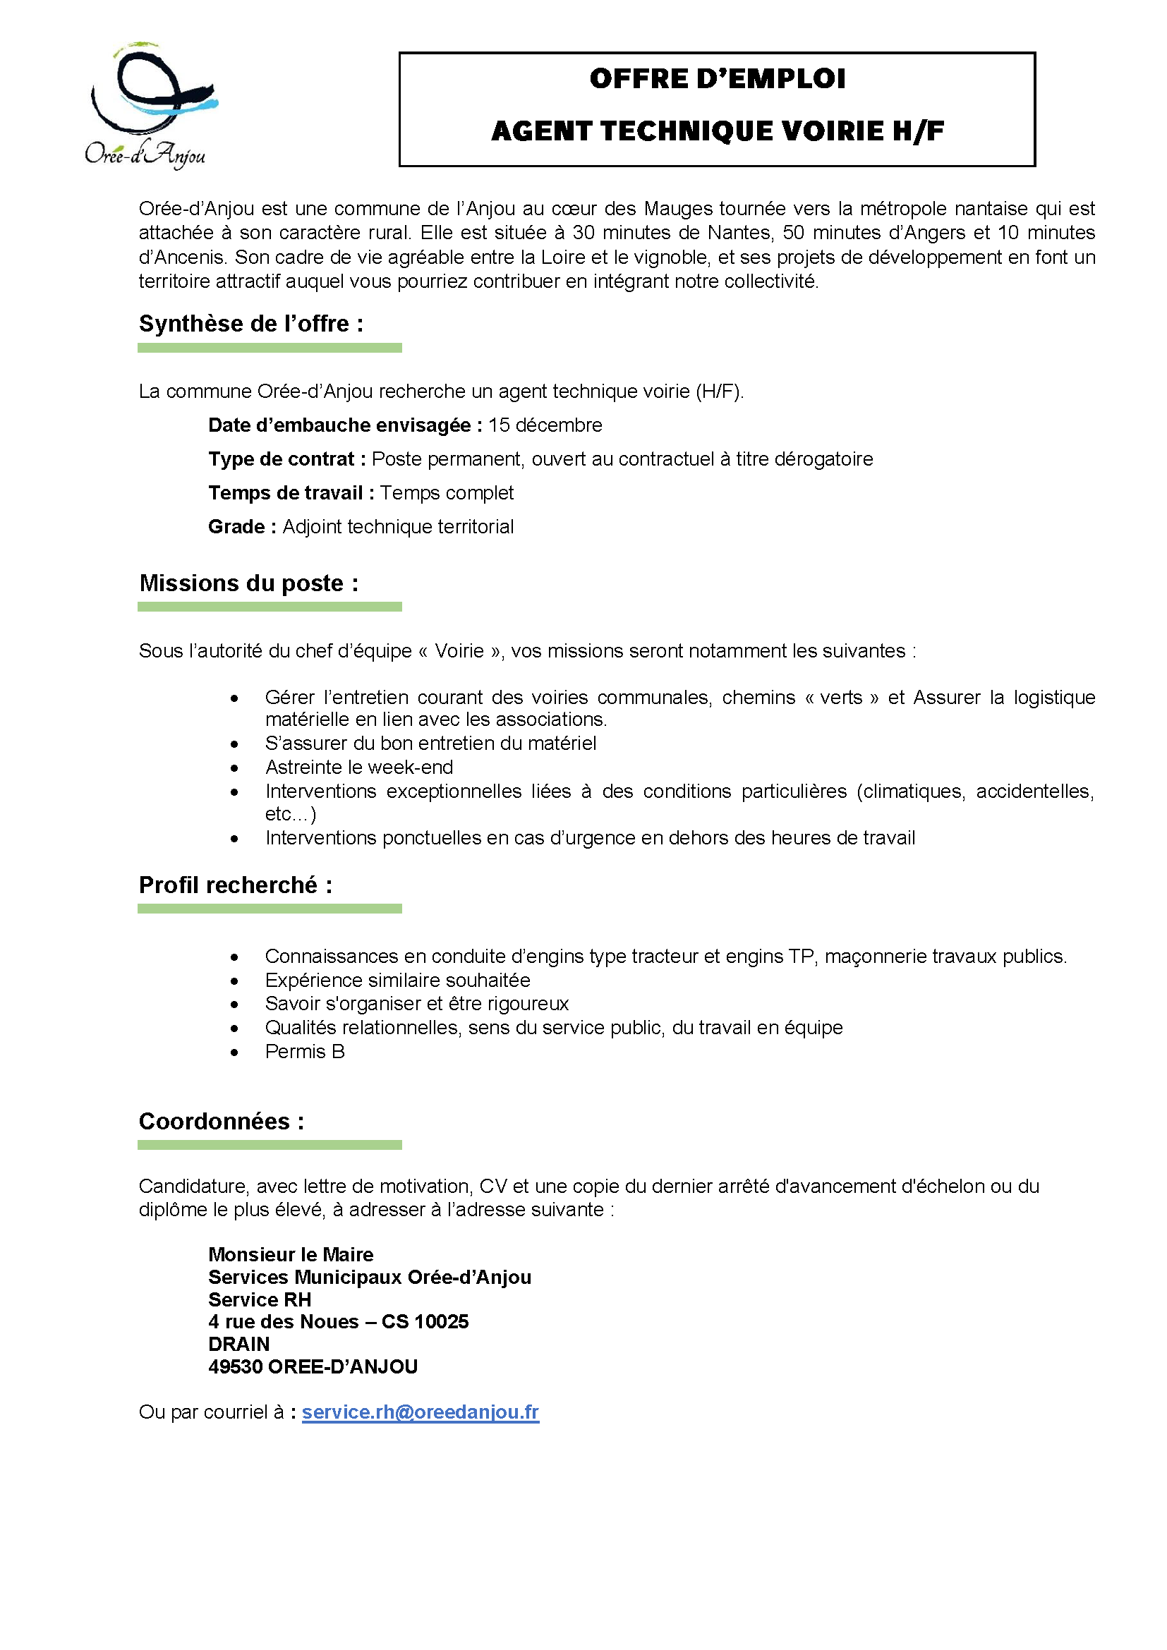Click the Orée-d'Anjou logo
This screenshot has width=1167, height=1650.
pyautogui.click(x=150, y=105)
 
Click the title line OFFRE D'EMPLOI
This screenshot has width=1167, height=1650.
pyautogui.click(x=716, y=79)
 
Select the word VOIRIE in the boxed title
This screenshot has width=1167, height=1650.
pyautogui.click(x=833, y=131)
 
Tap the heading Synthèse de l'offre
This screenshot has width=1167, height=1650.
pyautogui.click(x=250, y=324)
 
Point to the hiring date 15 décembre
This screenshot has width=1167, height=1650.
pyautogui.click(x=545, y=425)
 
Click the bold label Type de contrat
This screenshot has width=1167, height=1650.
pyautogui.click(x=286, y=459)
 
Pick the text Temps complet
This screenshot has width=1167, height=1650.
pyautogui.click(x=446, y=493)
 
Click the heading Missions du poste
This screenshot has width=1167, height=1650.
pyautogui.click(x=248, y=583)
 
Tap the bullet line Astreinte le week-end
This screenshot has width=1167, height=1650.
pyautogui.click(x=358, y=768)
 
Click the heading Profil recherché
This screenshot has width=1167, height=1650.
pyautogui.click(x=236, y=885)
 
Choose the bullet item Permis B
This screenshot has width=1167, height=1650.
pyautogui.click(x=305, y=1052)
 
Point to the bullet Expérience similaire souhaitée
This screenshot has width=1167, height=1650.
pyautogui.click(x=397, y=981)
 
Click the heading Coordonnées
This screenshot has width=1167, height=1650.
pyautogui.click(x=222, y=1122)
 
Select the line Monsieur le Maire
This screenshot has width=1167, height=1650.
pyautogui.click(x=290, y=1255)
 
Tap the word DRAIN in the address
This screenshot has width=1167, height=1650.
pyautogui.click(x=238, y=1345)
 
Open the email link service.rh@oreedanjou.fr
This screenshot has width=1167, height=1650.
pyautogui.click(x=420, y=1412)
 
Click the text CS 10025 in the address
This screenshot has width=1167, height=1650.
pyautogui.click(x=425, y=1321)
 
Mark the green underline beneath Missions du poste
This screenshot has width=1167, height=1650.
pyautogui.click(x=270, y=607)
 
